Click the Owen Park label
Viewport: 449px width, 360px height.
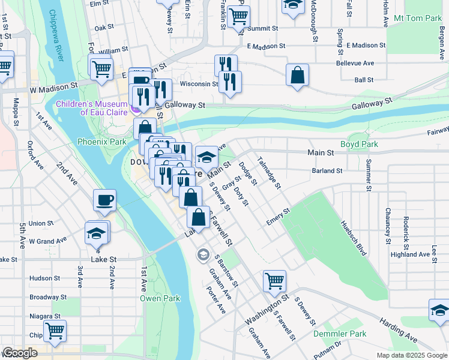160,298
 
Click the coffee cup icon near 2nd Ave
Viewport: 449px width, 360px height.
104,200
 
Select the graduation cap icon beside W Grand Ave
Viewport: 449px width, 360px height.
96,233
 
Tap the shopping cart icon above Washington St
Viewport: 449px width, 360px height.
274,280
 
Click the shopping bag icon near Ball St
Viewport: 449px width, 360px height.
297,76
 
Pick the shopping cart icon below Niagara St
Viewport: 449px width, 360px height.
55,331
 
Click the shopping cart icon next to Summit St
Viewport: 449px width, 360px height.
239,17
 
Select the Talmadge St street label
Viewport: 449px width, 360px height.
268,172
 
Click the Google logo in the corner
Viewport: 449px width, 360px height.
20,353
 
